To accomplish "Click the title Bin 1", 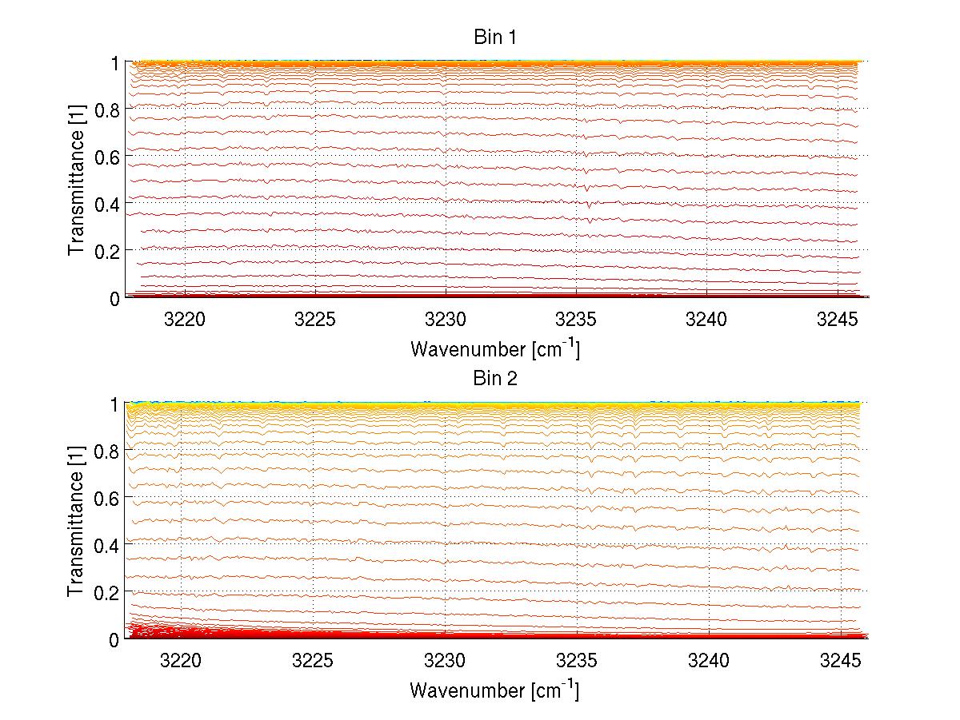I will pos(496,37).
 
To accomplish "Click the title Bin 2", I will pos(496,378).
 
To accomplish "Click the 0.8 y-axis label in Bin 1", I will pos(106,109).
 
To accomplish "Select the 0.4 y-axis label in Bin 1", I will pos(106,204).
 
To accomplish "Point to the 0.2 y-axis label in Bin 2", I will pos(106,592).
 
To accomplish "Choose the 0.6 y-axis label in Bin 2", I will pos(106,498).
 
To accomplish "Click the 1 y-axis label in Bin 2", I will pos(114,404).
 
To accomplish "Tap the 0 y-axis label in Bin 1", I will pos(114,298).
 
